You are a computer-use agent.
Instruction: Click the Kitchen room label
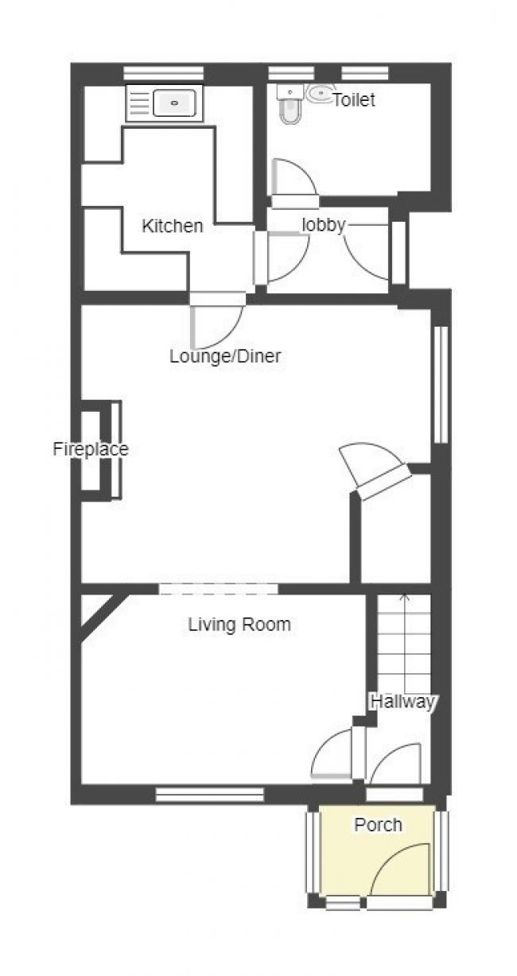coord(173,227)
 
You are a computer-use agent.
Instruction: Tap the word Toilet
coord(354,100)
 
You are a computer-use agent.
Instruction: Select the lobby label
coord(324,225)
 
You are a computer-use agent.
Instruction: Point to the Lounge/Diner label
coord(225,356)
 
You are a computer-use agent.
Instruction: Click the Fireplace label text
coord(91,449)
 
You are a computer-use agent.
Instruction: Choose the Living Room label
coord(239,625)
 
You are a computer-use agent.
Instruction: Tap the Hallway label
coord(402,702)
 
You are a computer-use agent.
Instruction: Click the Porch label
coord(378,825)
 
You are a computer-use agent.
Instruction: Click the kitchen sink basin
coord(174,103)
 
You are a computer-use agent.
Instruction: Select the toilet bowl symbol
coord(290,107)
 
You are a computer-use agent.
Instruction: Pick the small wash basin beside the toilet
coord(320,93)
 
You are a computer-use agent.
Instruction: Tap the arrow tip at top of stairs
coord(405,594)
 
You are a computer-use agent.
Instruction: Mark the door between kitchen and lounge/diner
coord(216,320)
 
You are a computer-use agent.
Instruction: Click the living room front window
coord(210,794)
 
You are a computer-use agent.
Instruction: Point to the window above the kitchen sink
coord(164,73)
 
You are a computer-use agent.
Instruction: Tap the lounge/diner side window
coord(441,385)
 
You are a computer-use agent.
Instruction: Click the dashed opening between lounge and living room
coord(218,589)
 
